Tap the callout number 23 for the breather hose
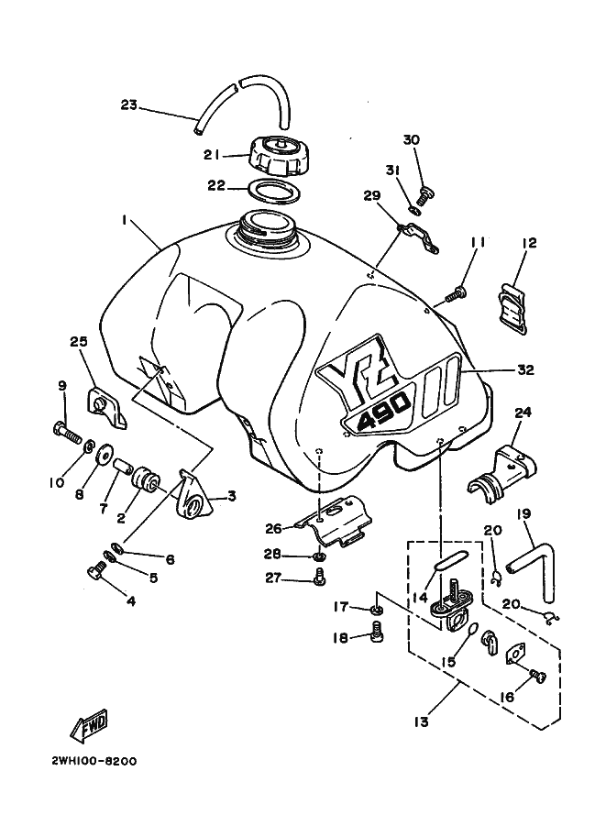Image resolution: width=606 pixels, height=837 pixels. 128,105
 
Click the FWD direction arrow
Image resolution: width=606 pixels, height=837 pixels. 89,726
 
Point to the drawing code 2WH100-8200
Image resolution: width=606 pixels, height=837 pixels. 94,761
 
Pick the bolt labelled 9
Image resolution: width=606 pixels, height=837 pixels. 67,431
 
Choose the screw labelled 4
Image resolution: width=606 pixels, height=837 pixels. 96,572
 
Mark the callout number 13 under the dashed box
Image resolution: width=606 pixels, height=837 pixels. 421,722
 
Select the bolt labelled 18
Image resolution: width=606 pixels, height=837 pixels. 377,631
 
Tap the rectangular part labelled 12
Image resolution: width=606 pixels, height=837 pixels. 513,308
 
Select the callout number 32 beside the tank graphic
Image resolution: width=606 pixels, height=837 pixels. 525,369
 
